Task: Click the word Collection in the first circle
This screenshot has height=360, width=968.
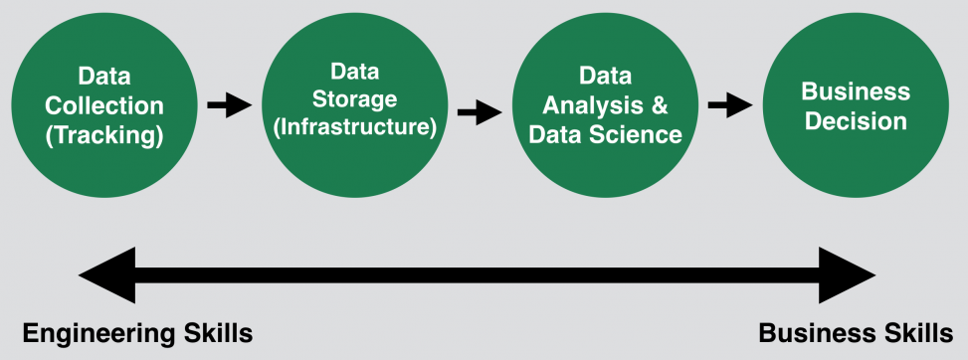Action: [x=105, y=105]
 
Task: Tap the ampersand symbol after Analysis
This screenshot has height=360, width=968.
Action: [x=660, y=104]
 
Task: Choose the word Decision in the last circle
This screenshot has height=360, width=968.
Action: [x=856, y=121]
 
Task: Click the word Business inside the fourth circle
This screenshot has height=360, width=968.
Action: [x=856, y=92]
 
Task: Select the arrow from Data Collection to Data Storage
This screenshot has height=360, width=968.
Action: [x=229, y=103]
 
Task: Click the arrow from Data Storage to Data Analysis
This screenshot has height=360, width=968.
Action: [x=479, y=110]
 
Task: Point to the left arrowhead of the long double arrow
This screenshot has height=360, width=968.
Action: [x=104, y=274]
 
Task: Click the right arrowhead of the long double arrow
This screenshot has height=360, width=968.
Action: [x=847, y=274]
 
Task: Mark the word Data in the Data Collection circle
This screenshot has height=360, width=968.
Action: [x=105, y=77]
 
